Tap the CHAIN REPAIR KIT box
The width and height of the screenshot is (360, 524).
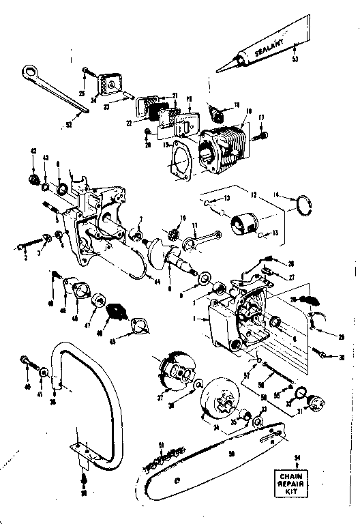tap(295, 484)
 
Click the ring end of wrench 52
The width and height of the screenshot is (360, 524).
tap(30, 71)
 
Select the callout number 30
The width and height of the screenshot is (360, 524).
tap(340, 357)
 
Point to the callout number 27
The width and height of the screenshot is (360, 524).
tap(291, 278)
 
